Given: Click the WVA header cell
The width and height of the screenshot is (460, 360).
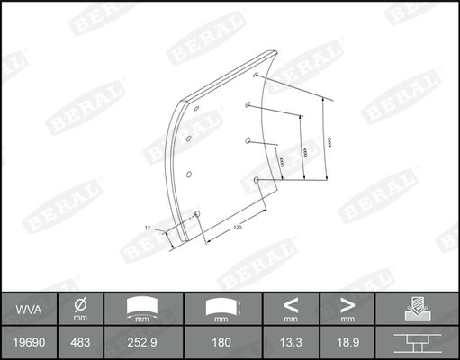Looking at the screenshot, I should point(26,310).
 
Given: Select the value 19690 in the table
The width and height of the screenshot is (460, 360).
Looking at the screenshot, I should point(26,344).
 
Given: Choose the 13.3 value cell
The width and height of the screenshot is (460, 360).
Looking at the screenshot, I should point(291,344).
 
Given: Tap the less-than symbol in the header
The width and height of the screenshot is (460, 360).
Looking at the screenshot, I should point(291,304).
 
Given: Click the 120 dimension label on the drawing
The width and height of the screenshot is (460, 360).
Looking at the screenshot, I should point(237,228).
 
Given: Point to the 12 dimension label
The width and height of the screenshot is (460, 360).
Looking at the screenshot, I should point(148,229).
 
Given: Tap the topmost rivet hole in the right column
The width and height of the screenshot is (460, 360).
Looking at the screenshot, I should point(257,75).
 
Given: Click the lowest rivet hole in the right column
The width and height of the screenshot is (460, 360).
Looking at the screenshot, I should point(257,181).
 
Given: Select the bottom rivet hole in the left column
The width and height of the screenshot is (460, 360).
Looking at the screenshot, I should point(197,212).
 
